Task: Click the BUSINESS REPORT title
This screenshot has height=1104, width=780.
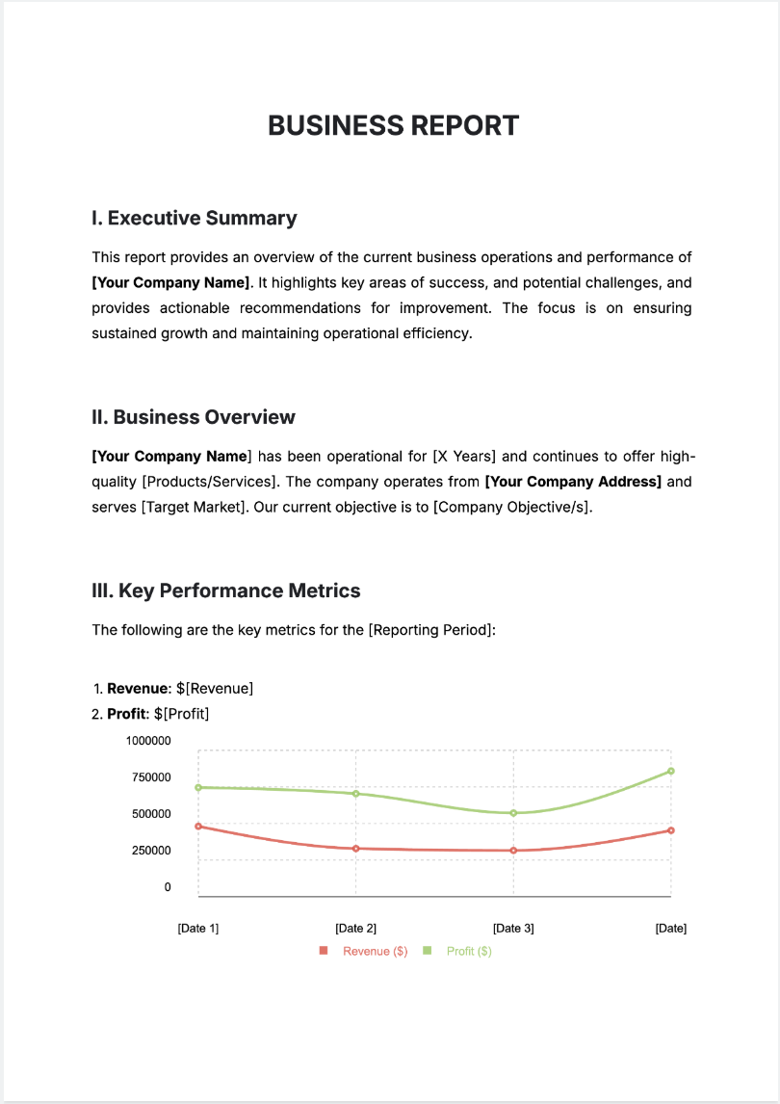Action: click(x=393, y=125)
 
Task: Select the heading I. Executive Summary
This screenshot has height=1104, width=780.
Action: click(x=194, y=218)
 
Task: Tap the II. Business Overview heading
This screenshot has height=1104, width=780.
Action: click(x=193, y=417)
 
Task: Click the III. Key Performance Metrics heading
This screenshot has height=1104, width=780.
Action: click(x=225, y=591)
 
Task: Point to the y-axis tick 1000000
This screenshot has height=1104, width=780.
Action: click(x=148, y=741)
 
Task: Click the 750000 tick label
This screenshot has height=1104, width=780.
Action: click(x=151, y=777)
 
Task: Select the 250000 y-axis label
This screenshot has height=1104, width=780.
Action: click(x=151, y=851)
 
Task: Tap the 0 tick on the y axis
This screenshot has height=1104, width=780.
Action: click(x=168, y=887)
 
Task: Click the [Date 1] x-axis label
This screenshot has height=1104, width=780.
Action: click(x=198, y=929)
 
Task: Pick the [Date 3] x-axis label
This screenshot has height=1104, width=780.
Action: click(x=513, y=929)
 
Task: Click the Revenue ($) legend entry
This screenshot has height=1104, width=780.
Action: click(x=375, y=951)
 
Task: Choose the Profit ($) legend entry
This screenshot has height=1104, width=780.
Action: click(x=469, y=951)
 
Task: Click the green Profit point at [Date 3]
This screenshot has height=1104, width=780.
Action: click(x=513, y=813)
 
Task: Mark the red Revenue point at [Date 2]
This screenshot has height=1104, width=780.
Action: click(x=356, y=849)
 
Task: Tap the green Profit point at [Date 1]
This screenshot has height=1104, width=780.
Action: click(x=198, y=787)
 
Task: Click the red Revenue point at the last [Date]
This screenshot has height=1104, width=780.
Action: click(x=671, y=830)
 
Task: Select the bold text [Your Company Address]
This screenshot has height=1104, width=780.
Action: click(x=573, y=482)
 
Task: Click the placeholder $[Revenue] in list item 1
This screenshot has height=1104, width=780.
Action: click(x=215, y=689)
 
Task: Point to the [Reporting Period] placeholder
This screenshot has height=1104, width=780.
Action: click(x=431, y=630)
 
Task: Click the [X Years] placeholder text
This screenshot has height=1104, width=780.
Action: click(x=464, y=457)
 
